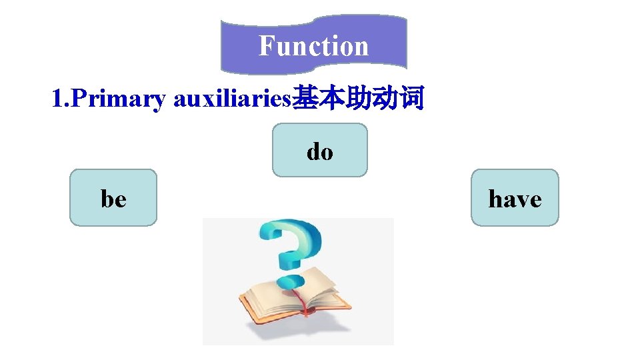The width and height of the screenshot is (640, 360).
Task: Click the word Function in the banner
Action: point(313,46)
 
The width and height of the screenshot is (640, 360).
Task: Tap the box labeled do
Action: point(319,150)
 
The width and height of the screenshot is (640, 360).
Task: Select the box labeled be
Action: point(113,198)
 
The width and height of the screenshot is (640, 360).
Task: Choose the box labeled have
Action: point(515,198)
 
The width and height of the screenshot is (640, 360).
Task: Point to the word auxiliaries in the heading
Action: point(232,99)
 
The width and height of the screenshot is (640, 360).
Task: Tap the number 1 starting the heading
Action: point(57,99)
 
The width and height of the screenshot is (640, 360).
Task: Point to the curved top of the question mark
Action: point(293,231)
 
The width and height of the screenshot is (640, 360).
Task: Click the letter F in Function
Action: point(266,46)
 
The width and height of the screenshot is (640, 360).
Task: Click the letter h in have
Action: point(495,198)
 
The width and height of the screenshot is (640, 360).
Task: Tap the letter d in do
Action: point(313,151)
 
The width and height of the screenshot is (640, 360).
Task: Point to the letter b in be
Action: point(107,198)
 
